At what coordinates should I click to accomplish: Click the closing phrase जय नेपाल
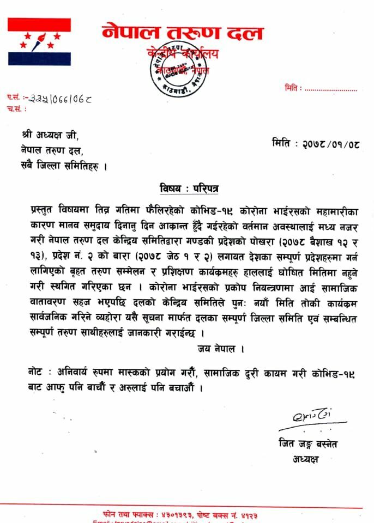tap(220, 348)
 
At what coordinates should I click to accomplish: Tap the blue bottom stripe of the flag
tap(39, 59)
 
